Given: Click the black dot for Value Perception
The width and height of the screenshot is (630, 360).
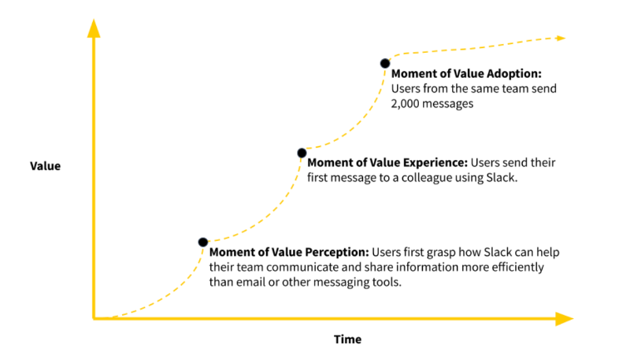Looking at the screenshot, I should coord(202,242).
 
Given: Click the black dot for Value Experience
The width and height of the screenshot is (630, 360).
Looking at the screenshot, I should coord(301,152).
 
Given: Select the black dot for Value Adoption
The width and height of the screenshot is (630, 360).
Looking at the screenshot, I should coord(385,62).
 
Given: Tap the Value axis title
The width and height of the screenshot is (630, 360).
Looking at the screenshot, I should coord(45,166).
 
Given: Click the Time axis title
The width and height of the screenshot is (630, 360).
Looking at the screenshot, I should coord(347,340).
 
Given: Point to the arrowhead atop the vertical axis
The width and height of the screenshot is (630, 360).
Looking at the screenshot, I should coord(94,28).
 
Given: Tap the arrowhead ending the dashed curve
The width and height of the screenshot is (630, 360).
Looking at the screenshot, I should coord(561,38).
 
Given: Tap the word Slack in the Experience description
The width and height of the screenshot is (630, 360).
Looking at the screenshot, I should coord(498,177).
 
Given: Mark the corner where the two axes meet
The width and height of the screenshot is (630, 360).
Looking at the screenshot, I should coord(94,318).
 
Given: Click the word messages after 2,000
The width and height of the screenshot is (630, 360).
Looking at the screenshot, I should coord(450,103).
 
